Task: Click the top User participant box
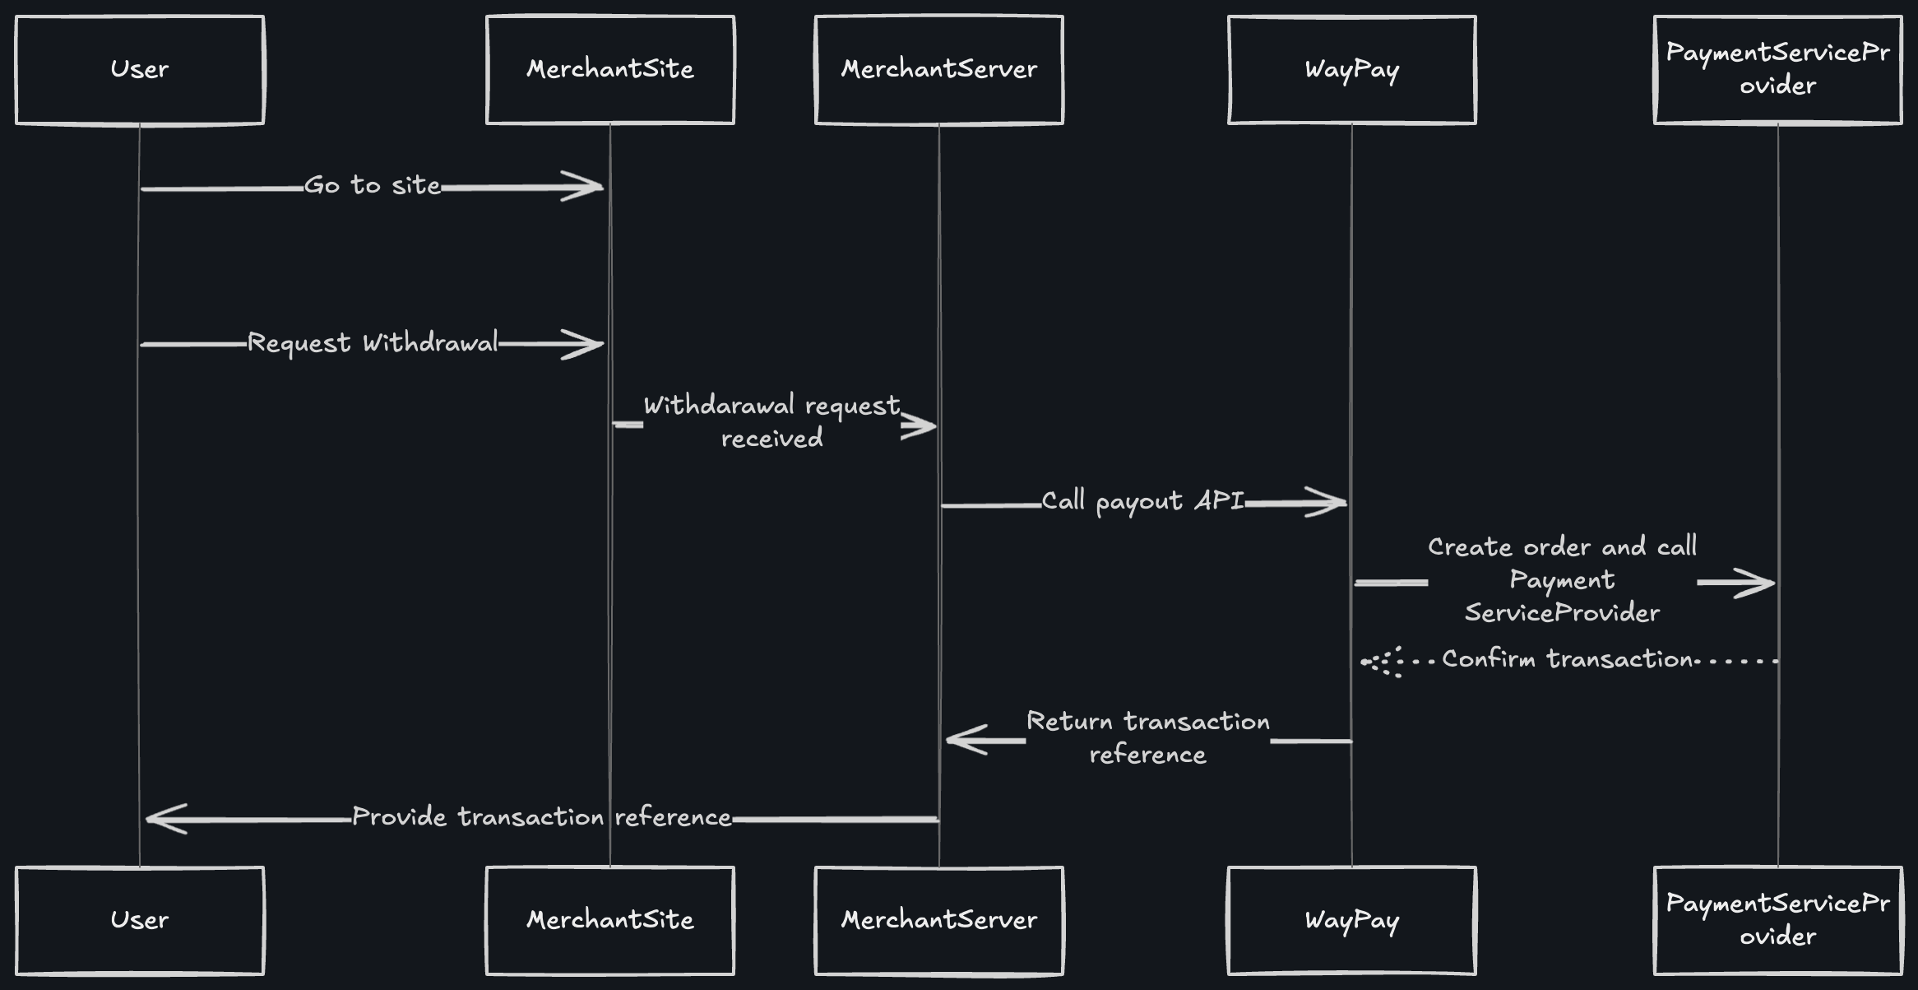(140, 70)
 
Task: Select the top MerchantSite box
(609, 70)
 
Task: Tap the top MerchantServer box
(938, 70)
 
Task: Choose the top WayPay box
(1351, 70)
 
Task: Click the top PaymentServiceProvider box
(1777, 70)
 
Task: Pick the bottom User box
(140, 920)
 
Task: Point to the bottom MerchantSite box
(609, 920)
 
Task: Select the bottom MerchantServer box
(938, 920)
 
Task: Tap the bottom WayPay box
(1351, 920)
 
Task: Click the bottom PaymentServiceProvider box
(1777, 920)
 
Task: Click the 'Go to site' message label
(373, 186)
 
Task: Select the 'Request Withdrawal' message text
(373, 343)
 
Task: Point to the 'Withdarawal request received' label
(771, 422)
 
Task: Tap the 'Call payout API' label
(1142, 501)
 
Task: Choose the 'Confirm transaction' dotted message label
(1568, 659)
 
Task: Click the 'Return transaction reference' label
(1147, 738)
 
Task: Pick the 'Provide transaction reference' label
(541, 817)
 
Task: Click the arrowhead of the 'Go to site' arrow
(586, 187)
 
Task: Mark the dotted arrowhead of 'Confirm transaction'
(1382, 662)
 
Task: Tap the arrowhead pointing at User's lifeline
(164, 819)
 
